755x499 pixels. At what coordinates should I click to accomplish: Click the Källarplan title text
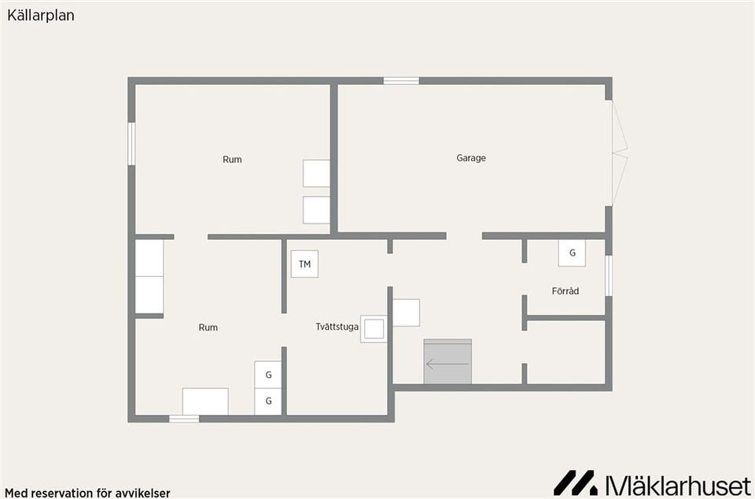point(41,16)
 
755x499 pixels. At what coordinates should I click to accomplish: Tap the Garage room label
point(471,158)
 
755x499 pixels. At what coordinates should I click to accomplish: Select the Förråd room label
point(565,291)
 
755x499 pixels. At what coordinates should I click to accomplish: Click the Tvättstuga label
point(337,327)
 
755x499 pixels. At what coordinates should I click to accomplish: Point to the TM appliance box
point(304,264)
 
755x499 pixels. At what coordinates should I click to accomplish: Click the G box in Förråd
point(572,253)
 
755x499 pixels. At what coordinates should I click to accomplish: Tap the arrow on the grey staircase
point(447,364)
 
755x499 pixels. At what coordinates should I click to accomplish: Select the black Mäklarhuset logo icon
point(576,483)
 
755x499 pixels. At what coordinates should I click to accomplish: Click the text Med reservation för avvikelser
point(87,493)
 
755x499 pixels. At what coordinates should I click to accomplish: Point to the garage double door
point(620,153)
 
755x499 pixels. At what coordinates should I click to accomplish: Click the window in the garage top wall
point(401,80)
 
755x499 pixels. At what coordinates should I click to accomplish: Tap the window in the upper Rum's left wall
point(131,143)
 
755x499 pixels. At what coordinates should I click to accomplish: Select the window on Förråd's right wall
point(609,275)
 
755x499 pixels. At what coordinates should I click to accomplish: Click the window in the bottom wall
point(184,419)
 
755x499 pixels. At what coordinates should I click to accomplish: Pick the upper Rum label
point(232,160)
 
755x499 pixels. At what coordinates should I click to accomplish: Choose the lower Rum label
point(208,327)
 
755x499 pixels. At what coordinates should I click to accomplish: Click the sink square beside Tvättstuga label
point(374,329)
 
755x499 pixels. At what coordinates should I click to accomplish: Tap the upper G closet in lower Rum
point(268,375)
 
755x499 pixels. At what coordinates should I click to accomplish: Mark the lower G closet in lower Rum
point(268,401)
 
